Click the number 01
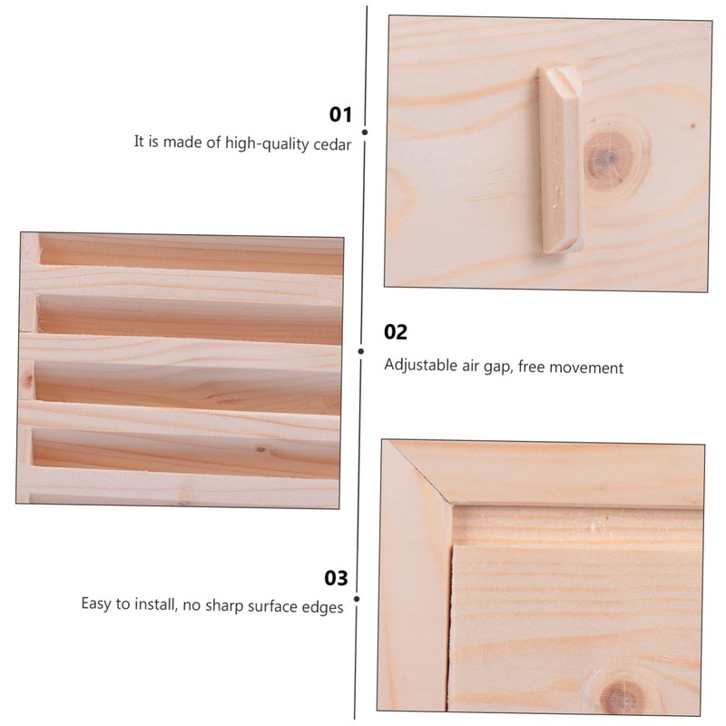[339, 114]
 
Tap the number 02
[396, 332]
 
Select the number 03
[336, 578]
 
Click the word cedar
[331, 142]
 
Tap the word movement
[590, 368]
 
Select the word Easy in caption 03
[97, 605]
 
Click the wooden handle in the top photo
[557, 160]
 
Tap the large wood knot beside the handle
[606, 154]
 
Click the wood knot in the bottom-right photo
[620, 694]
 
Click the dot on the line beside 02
[361, 350]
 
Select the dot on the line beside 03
[358, 598]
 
